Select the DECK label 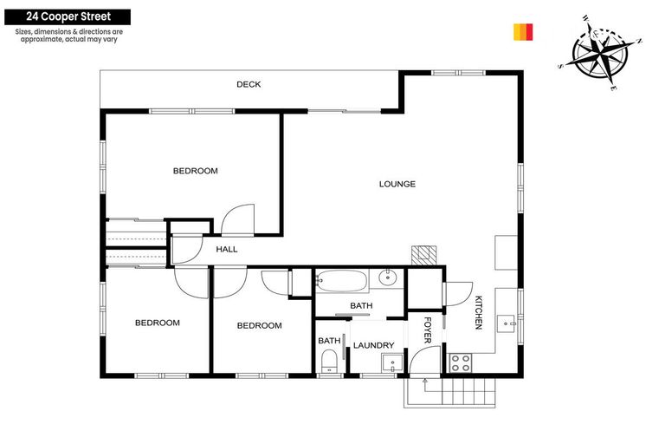pyautogui.click(x=249, y=84)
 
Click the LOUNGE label pyautogui.click(x=397, y=184)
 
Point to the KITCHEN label pyautogui.click(x=477, y=312)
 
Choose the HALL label pyautogui.click(x=226, y=250)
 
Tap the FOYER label pyautogui.click(x=427, y=330)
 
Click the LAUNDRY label pyautogui.click(x=373, y=345)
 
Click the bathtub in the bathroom pyautogui.click(x=342, y=280)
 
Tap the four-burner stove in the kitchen pyautogui.click(x=459, y=362)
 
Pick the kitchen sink pyautogui.click(x=507, y=323)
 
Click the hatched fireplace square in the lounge pyautogui.click(x=423, y=255)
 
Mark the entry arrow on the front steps pyautogui.click(x=424, y=387)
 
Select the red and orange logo pyautogui.click(x=523, y=32)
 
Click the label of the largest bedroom pyautogui.click(x=195, y=171)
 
